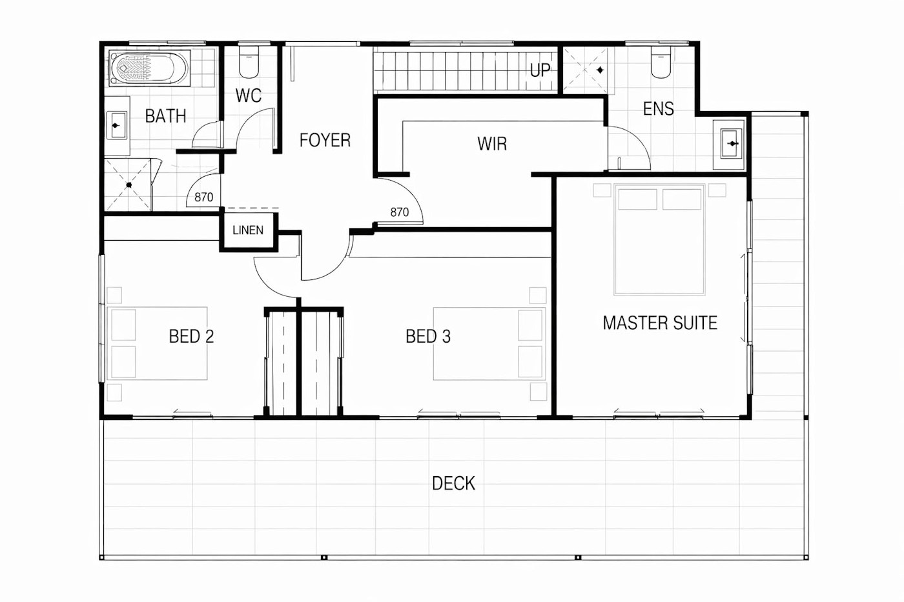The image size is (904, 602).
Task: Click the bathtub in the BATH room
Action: tap(149, 68)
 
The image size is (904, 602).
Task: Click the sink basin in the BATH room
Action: tap(117, 125)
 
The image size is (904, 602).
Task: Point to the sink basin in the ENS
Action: tap(731, 143)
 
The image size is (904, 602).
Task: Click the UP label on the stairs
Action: tap(540, 70)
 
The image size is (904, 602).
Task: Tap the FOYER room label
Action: tap(325, 140)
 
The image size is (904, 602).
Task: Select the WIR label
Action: tap(492, 144)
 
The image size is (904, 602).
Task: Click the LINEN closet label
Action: tap(248, 230)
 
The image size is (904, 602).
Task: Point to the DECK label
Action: tap(453, 483)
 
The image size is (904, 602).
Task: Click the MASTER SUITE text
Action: tap(660, 323)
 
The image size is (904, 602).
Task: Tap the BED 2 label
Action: tap(191, 336)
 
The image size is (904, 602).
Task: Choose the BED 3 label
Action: tap(428, 336)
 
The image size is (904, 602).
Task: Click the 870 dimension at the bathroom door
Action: tap(204, 197)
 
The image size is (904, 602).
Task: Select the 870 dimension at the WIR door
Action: tap(400, 212)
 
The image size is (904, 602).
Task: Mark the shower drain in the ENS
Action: tap(600, 70)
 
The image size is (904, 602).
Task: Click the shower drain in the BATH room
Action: tap(128, 185)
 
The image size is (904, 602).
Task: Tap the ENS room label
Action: tap(658, 109)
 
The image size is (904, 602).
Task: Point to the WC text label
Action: tap(249, 96)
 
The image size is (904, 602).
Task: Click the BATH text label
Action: tap(165, 116)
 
